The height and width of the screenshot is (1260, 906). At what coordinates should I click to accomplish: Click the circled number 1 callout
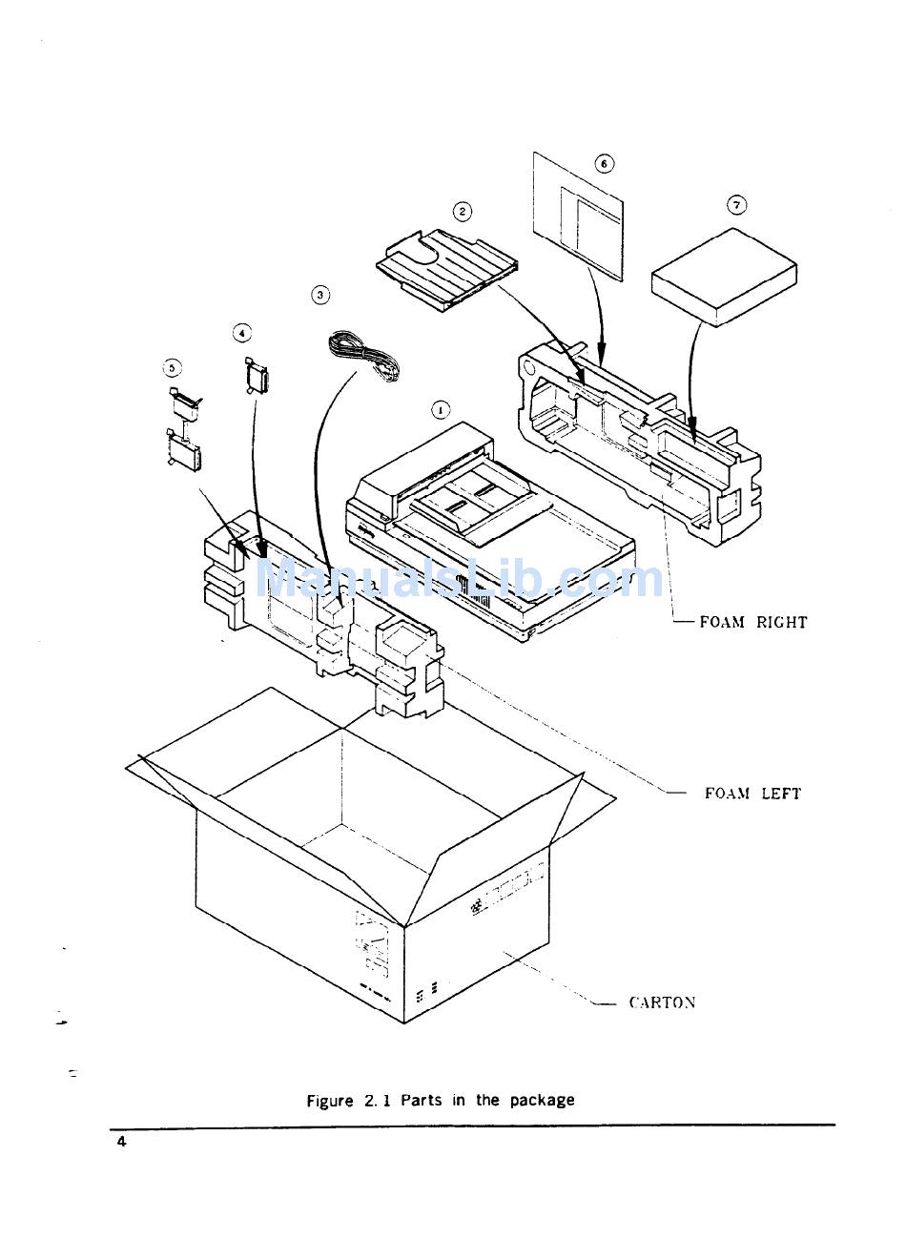[x=441, y=410]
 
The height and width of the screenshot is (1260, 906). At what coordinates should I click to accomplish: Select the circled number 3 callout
[x=320, y=295]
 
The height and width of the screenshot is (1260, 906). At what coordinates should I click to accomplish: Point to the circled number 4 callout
[x=242, y=332]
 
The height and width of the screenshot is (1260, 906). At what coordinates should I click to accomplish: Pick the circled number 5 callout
[x=172, y=366]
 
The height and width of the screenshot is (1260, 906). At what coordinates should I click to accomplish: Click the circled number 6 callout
[x=604, y=163]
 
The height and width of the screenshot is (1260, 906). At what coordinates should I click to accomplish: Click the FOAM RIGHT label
[x=752, y=622]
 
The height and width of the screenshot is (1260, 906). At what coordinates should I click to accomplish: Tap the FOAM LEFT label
[x=752, y=793]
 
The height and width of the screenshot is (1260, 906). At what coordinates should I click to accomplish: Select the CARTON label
[x=662, y=1002]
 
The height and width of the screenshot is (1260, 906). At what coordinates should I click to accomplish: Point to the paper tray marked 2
[x=446, y=266]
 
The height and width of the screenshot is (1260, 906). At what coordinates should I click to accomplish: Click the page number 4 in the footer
[x=121, y=1142]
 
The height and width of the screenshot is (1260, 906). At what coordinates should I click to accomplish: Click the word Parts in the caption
[x=421, y=1100]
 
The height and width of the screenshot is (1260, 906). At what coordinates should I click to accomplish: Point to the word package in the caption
[x=541, y=1100]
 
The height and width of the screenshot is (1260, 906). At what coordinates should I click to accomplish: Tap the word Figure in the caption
[x=330, y=1100]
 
